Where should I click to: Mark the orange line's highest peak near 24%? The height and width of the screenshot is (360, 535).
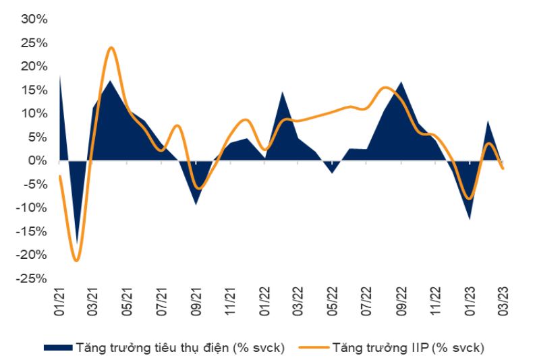pyautogui.click(x=111, y=48)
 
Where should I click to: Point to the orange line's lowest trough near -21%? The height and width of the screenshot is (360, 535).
pyautogui.click(x=76, y=260)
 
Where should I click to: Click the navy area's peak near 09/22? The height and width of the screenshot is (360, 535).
pyautogui.click(x=401, y=82)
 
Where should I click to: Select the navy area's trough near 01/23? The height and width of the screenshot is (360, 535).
pyautogui.click(x=469, y=218)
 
